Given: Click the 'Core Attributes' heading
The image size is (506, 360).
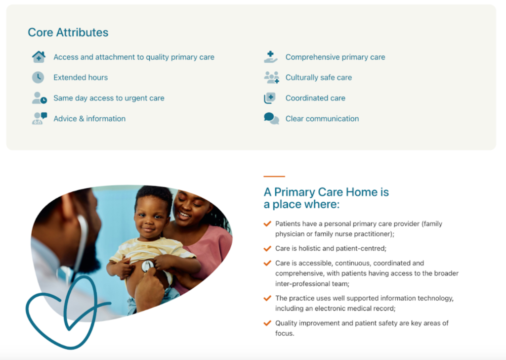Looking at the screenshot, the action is (x=68, y=32).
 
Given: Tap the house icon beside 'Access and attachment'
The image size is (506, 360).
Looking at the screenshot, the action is (x=39, y=57).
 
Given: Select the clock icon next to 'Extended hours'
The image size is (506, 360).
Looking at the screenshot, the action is (x=38, y=78).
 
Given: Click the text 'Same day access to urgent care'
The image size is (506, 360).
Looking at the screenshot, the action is (x=109, y=98).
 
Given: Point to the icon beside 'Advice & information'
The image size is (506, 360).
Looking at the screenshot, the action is (x=40, y=119).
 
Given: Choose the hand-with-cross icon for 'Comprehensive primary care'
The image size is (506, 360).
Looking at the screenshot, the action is (x=270, y=57).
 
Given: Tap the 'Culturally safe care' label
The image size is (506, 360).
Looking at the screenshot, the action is (x=319, y=78).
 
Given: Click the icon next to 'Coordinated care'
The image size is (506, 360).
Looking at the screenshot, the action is (x=270, y=98).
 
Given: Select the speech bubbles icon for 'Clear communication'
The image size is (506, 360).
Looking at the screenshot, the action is (x=271, y=119).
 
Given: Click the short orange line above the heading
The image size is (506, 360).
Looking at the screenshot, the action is (x=274, y=176).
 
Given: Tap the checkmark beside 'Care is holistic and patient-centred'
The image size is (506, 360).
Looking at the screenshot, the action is (x=267, y=248).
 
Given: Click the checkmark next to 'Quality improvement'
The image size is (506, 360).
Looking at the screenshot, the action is (x=267, y=323).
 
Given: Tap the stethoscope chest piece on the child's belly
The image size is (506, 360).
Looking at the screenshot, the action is (x=147, y=266).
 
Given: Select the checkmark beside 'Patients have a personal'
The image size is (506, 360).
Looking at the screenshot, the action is (x=267, y=224).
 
